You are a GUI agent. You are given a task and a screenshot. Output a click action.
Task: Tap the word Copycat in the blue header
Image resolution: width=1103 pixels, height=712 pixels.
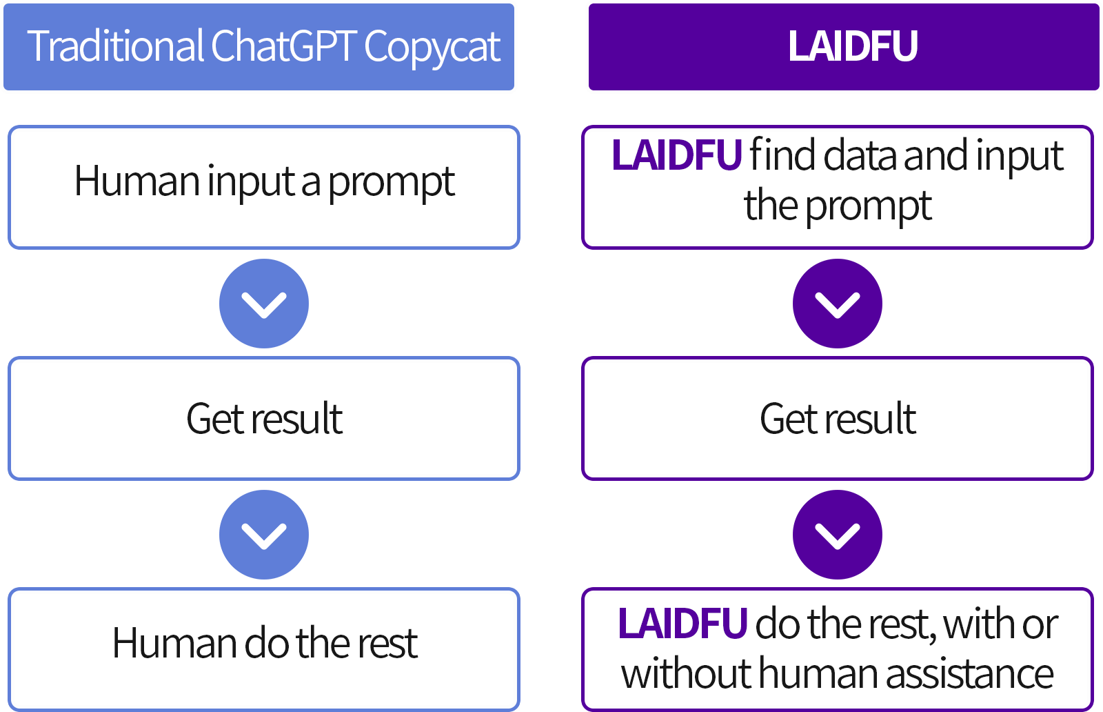coord(432,48)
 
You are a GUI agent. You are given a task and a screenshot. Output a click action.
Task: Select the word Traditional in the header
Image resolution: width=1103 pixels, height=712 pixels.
coord(115,46)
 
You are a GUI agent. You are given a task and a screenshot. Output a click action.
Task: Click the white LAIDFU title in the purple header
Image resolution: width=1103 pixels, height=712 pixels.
coord(852,46)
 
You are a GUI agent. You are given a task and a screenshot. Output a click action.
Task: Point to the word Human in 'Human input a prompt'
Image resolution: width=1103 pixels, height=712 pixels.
coord(137,181)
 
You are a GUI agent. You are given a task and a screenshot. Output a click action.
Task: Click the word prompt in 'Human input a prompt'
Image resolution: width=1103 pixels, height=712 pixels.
coord(391,184)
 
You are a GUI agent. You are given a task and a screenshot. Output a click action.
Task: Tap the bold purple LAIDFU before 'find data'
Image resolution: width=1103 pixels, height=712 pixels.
coord(676,155)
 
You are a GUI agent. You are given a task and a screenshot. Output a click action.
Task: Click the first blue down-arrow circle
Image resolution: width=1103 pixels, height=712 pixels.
coord(264,304)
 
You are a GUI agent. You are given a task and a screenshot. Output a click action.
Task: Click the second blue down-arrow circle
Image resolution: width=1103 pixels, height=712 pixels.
coord(264,534)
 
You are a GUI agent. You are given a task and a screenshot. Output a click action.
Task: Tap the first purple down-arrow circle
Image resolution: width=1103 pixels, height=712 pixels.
coord(838,304)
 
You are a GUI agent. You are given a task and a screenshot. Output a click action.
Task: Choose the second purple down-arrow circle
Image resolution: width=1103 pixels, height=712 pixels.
coord(838,534)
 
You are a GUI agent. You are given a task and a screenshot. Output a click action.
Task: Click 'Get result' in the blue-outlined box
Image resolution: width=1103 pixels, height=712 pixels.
coord(265,419)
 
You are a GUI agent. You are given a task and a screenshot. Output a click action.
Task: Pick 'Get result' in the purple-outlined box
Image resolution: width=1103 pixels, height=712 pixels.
coord(838,419)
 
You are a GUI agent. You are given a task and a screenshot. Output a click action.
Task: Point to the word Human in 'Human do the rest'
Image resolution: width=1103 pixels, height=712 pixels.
coord(175,643)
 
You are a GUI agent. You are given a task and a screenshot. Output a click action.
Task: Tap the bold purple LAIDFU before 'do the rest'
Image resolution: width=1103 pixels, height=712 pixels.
coord(683,624)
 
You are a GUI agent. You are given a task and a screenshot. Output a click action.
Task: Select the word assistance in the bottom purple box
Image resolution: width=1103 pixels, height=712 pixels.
coord(969,674)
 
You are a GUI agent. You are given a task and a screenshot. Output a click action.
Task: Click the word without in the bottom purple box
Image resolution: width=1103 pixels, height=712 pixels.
coord(687,673)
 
